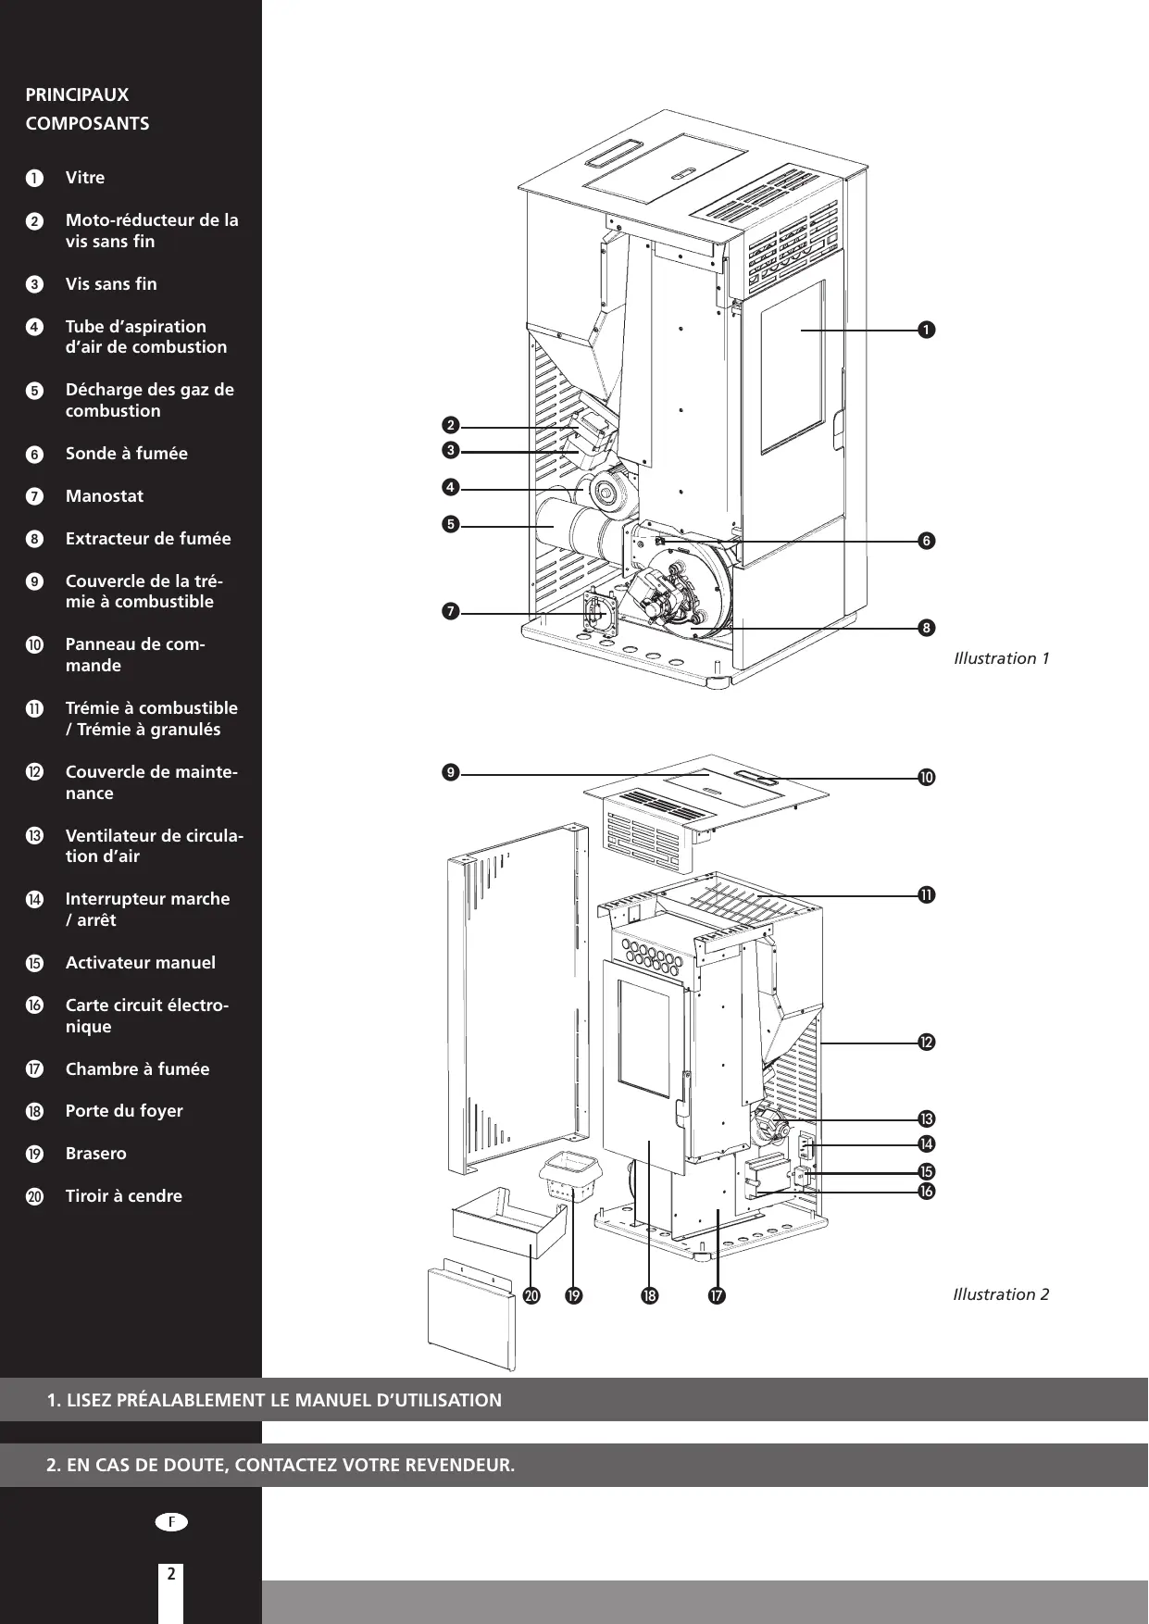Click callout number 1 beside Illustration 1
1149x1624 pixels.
pos(924,330)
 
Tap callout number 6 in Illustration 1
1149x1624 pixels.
pos(925,541)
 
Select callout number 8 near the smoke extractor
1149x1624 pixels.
pos(925,629)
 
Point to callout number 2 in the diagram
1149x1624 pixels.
pos(450,426)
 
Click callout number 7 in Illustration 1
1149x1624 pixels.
pos(450,612)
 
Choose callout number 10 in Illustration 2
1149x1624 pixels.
pos(925,777)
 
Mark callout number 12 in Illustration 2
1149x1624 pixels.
pos(925,1043)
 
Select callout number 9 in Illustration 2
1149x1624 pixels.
pos(450,772)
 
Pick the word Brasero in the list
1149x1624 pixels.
pos(96,1154)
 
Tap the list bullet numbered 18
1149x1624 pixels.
pos(34,1112)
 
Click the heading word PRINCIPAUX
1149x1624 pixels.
pos(78,94)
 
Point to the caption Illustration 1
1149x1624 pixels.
pos(1001,659)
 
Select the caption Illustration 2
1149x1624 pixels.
pos(1001,1294)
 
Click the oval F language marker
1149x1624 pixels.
pos(171,1521)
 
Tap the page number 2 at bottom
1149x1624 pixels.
pos(171,1573)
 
